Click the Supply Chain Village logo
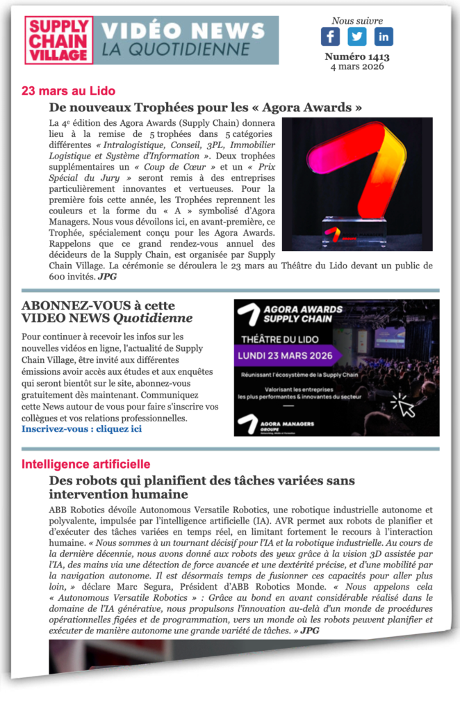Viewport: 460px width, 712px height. tap(59, 40)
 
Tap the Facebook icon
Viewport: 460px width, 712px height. tap(330, 37)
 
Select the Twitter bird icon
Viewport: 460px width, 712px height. tap(357, 37)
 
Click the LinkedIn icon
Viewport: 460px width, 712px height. tap(384, 37)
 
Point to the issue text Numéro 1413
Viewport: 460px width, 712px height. tap(357, 57)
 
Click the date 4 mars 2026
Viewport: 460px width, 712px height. tap(357, 67)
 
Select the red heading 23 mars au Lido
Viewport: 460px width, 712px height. tap(68, 91)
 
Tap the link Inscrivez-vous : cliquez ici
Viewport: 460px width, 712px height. tap(81, 429)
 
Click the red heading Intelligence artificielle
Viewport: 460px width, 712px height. tap(85, 464)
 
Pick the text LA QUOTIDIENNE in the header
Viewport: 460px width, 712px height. tap(176, 49)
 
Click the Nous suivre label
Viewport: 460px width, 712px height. tap(357, 21)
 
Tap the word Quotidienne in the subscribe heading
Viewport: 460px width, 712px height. tap(153, 318)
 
